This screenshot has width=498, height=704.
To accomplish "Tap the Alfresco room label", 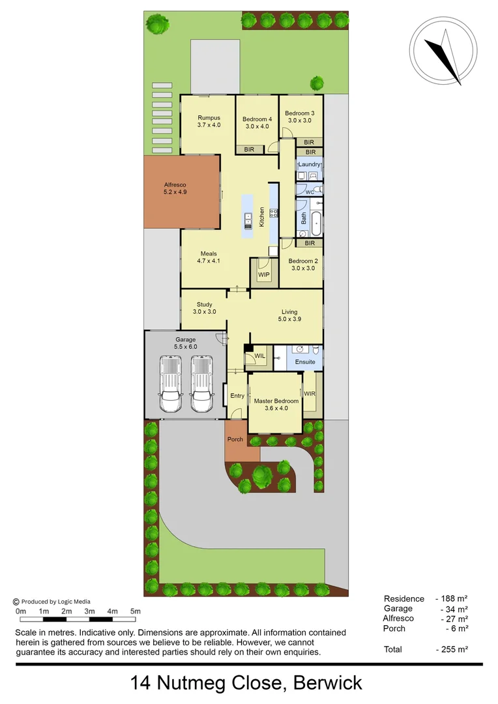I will point(175,188).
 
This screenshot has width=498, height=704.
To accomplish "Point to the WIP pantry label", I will point(264,274).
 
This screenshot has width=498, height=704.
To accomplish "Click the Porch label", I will point(235,439).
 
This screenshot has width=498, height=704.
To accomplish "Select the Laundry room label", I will point(310,165).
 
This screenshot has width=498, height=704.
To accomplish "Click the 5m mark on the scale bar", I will point(136,611).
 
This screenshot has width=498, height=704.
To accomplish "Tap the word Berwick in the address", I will point(327,683).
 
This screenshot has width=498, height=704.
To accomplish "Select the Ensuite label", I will point(305,362).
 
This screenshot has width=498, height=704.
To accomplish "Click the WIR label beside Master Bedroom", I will point(310,394).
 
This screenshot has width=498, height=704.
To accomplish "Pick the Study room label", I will point(204,308).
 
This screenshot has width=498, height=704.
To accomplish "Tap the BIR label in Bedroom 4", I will point(249,149).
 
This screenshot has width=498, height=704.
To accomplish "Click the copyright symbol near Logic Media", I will point(16,602).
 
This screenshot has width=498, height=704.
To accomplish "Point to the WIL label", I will point(259,356).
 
